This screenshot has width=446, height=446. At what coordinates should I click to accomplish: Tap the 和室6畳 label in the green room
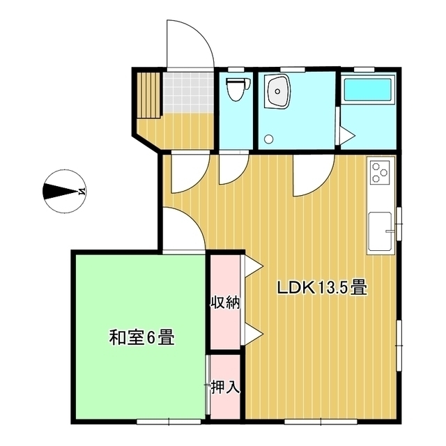pos(141,339)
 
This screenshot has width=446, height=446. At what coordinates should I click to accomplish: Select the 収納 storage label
pos(225,303)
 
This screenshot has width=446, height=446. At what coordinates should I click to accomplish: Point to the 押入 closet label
pos(225,387)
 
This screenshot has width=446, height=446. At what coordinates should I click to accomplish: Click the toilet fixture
pos(236,89)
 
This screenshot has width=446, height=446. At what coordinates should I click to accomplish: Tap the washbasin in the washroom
pos(279,92)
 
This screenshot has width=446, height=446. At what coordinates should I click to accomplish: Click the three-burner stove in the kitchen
pos(381,172)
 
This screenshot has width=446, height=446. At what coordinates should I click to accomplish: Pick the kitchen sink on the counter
pos(381,229)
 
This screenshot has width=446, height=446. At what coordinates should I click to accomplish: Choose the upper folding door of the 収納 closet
pos(252,265)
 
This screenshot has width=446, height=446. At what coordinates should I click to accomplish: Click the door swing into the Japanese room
pos(185,230)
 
